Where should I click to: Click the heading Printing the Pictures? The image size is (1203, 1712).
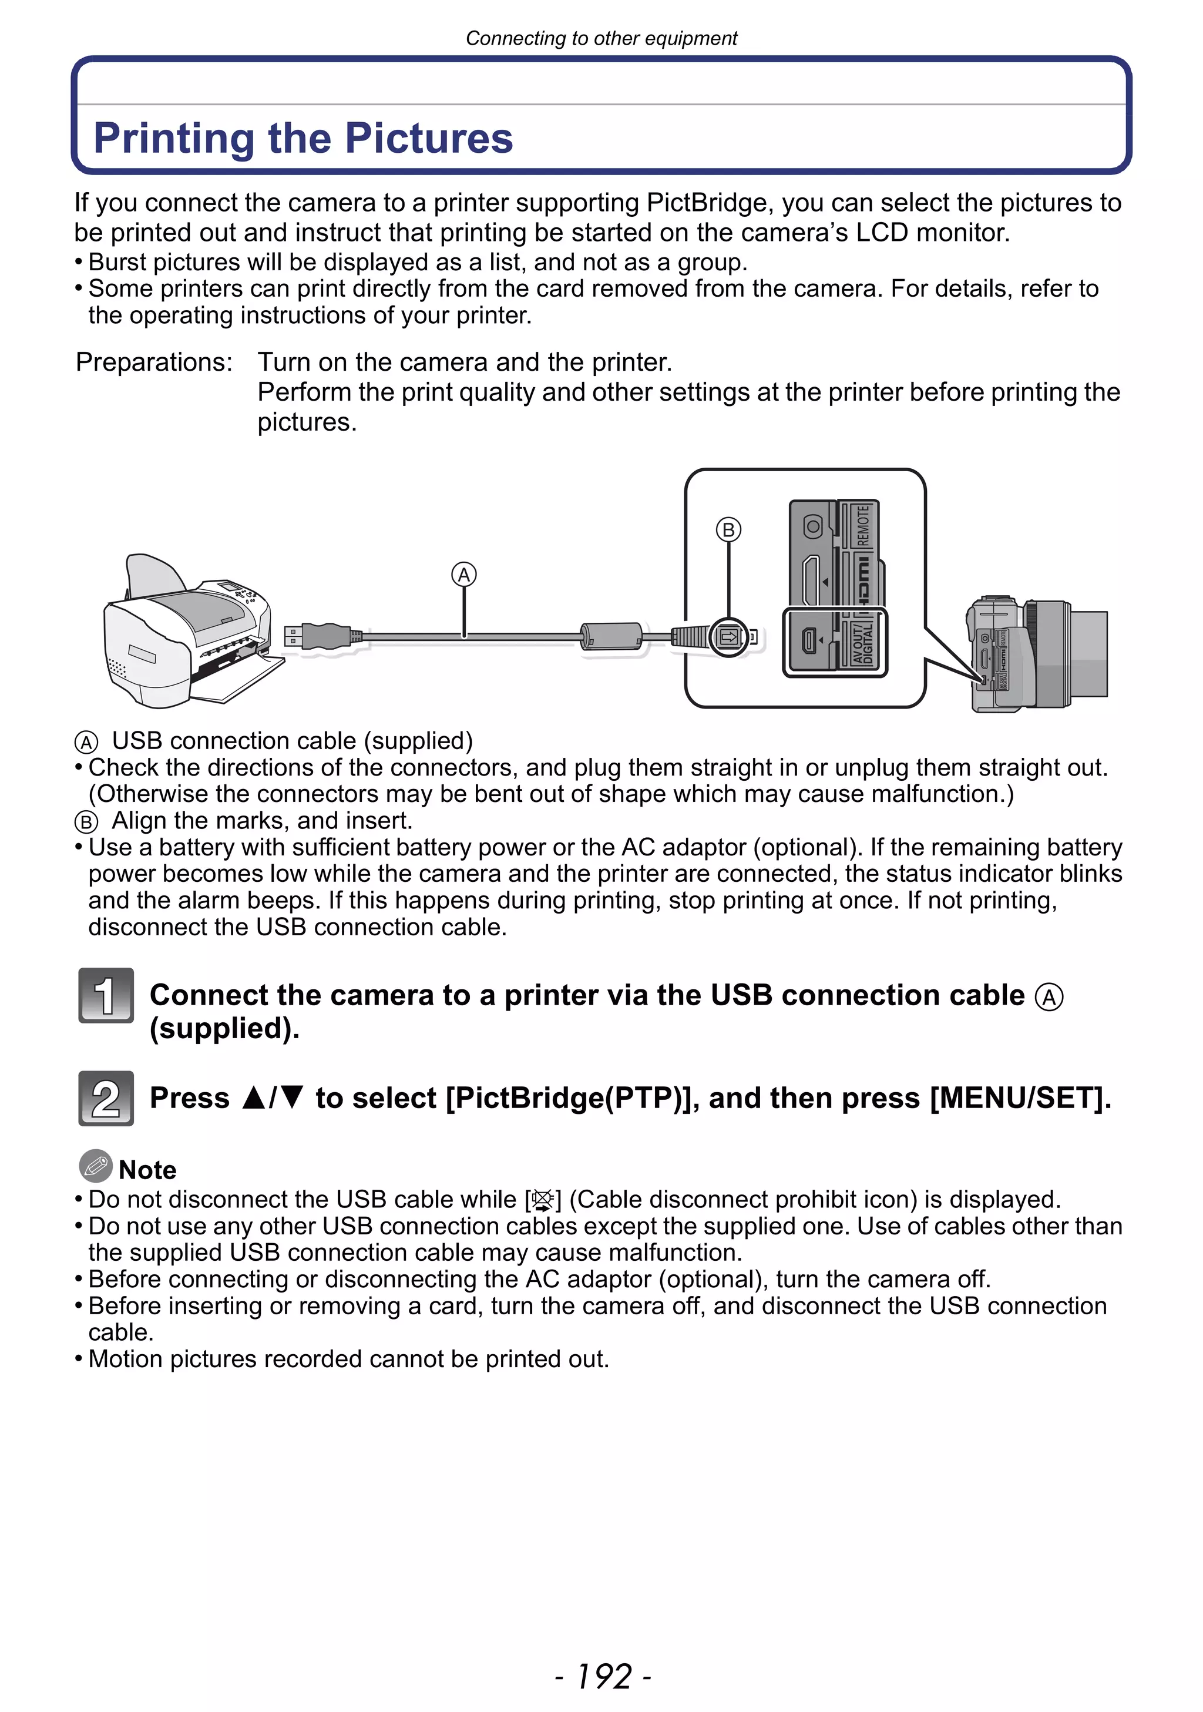tap(303, 138)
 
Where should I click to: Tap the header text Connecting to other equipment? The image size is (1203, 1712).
tap(601, 38)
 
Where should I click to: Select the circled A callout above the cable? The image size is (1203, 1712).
tap(463, 575)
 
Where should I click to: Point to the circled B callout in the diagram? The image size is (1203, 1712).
tap(728, 529)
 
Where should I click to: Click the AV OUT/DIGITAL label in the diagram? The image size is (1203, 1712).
tap(863, 643)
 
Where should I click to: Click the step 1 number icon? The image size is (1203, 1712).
tap(106, 995)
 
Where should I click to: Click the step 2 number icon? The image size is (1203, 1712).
tap(106, 1097)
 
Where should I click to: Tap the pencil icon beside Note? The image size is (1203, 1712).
tap(95, 1166)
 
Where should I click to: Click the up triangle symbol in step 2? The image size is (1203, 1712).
tap(253, 1097)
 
